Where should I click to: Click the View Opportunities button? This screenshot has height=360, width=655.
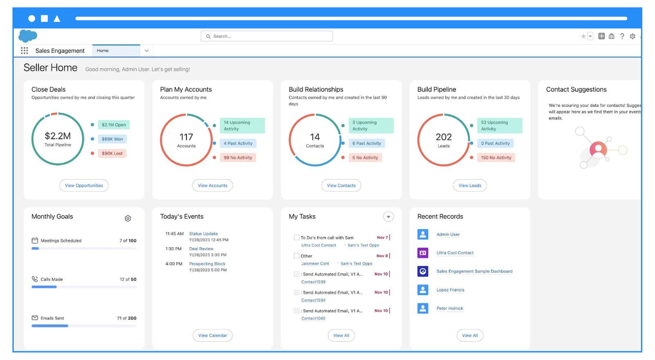[84, 186]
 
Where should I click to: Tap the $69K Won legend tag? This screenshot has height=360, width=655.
[112, 139]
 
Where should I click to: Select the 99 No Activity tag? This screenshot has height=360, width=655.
[238, 158]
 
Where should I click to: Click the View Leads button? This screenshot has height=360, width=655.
[470, 186]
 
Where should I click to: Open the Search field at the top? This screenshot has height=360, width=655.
[267, 36]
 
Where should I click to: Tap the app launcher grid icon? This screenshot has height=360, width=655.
[24, 51]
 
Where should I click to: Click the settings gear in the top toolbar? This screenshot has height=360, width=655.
[632, 36]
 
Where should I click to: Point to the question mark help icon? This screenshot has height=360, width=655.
[622, 36]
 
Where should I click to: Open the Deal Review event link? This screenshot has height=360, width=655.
[201, 249]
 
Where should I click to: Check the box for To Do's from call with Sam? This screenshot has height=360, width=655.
[296, 237]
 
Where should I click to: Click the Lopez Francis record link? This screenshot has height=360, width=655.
[450, 290]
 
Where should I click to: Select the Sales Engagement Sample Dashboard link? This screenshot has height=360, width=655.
[474, 271]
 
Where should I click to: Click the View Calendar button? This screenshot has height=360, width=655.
[213, 335]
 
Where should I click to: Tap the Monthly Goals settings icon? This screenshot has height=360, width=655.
[128, 218]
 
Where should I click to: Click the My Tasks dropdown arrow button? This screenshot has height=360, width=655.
[388, 217]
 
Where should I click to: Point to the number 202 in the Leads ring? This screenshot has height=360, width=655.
[443, 137]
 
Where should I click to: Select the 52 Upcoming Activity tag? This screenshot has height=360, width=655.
[499, 126]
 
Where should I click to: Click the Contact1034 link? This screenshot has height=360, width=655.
[313, 300]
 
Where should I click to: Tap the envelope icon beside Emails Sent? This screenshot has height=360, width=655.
[35, 318]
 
